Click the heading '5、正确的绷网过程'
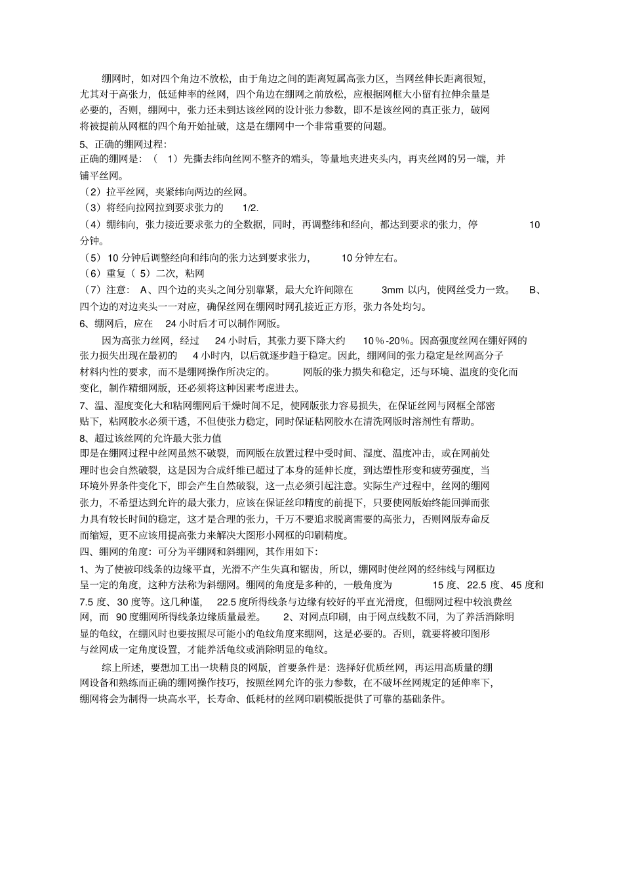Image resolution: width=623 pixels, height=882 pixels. click(123, 144)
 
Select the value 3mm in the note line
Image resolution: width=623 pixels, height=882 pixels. click(392, 290)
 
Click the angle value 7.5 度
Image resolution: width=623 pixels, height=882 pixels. click(94, 601)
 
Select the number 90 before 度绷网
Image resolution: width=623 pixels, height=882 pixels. click(122, 617)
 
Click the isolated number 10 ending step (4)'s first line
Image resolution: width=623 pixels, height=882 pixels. click(534, 225)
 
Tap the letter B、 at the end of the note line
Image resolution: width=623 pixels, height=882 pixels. click(535, 290)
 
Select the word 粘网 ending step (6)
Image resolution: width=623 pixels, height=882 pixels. click(195, 273)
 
